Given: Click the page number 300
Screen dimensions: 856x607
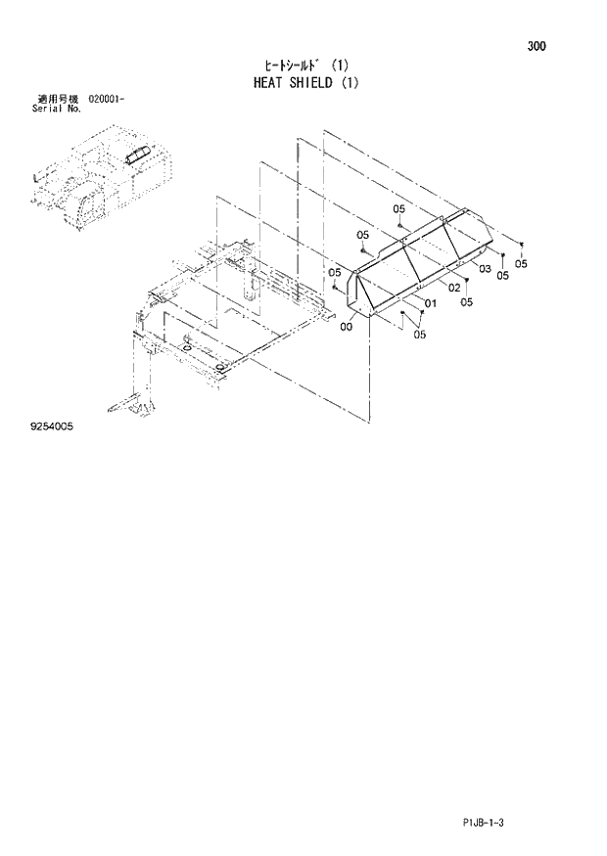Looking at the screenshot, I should coord(536,46).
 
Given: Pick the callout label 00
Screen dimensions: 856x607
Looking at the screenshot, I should coord(347,328).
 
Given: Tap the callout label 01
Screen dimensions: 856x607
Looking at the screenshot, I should coord(429,304).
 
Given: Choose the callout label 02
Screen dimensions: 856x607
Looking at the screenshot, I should coord(454,287).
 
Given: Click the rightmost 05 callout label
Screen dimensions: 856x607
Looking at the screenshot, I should coord(521,264).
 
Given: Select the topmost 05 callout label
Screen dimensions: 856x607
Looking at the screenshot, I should coord(399,209).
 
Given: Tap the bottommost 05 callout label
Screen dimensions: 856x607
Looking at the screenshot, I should coord(420,336).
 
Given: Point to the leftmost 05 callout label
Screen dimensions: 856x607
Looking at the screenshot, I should coord(334,273).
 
